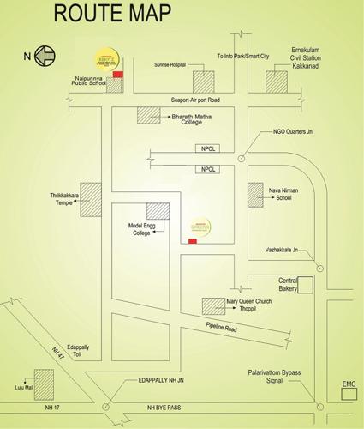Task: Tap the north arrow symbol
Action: [x=45, y=57]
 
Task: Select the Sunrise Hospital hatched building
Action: [x=203, y=82]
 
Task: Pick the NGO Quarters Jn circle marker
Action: [x=242, y=158]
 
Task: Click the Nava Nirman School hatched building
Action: [x=256, y=194]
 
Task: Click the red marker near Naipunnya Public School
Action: [x=118, y=75]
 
